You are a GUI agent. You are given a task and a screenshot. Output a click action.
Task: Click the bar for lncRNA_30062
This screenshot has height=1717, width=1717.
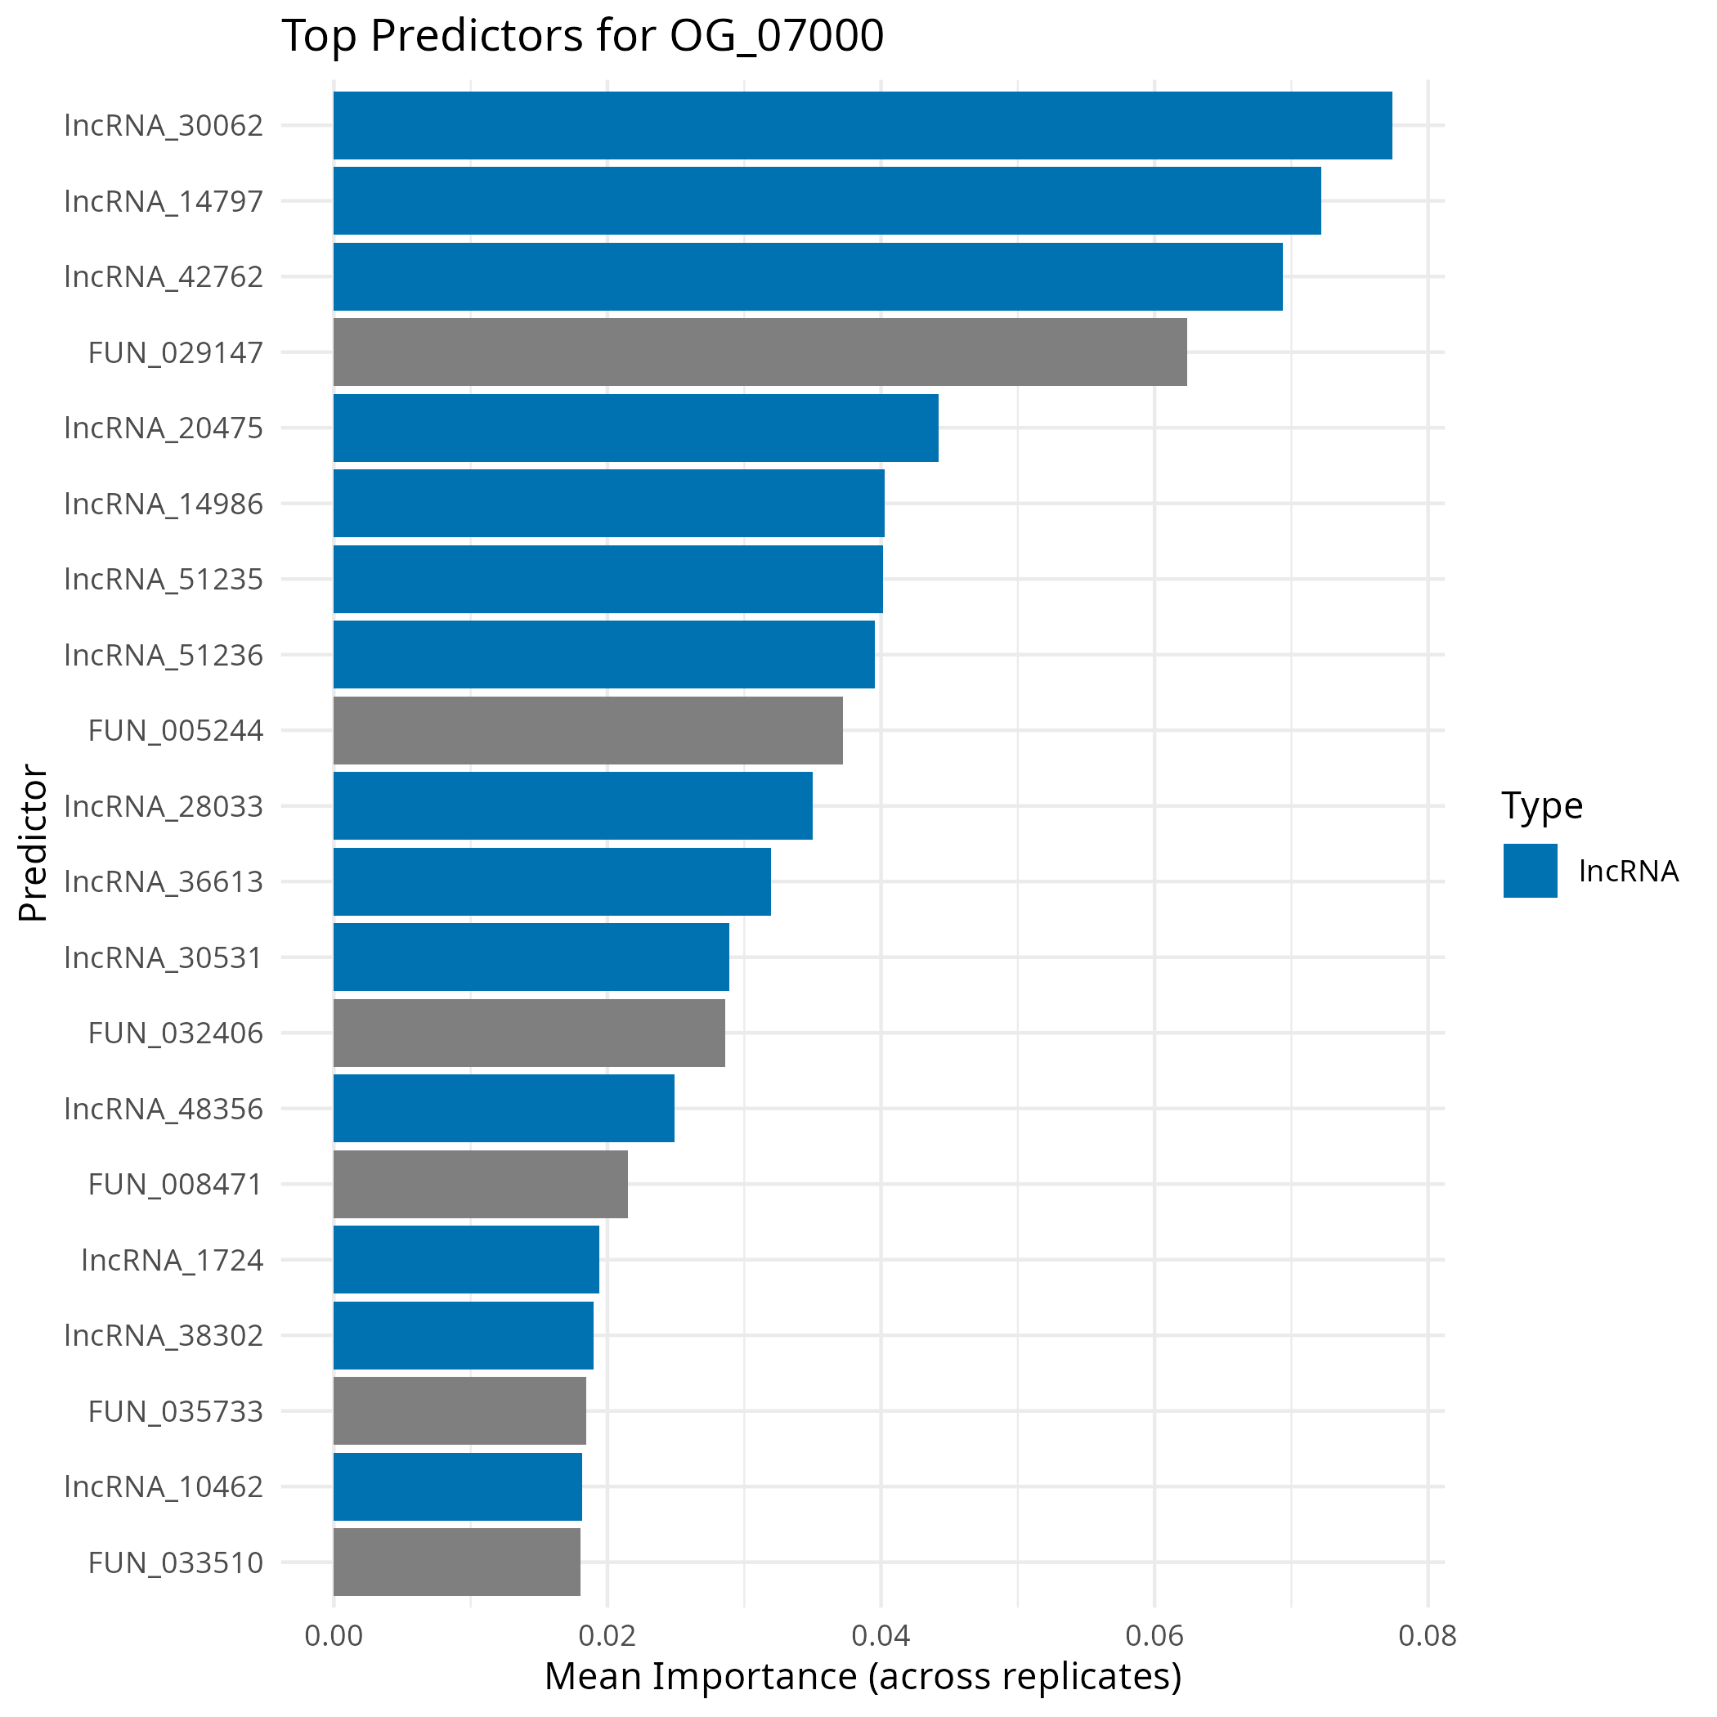tap(862, 125)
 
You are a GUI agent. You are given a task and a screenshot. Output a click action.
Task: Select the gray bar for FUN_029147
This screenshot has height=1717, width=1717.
tap(760, 352)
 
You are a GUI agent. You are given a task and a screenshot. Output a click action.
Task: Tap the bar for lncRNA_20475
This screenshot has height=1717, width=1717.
tap(635, 428)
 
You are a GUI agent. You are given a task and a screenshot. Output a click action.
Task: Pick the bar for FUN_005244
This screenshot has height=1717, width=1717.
tap(587, 730)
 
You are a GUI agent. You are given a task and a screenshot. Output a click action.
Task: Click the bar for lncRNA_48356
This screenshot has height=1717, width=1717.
tap(503, 1108)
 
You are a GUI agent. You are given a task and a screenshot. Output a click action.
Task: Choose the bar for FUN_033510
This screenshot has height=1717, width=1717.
tap(456, 1562)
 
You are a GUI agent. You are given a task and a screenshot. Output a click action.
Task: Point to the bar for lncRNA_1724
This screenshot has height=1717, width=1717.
tap(466, 1259)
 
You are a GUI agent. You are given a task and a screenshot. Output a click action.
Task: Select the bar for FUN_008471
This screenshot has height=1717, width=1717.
tap(480, 1184)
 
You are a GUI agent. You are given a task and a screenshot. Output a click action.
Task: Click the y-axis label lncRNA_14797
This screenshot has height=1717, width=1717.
tap(164, 201)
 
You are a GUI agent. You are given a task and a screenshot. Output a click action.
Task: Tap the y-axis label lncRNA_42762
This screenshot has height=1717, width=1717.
tap(164, 276)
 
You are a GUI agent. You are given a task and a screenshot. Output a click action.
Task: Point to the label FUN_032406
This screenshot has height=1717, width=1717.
tap(175, 1033)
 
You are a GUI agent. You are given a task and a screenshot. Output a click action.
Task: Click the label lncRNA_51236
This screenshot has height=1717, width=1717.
tap(164, 655)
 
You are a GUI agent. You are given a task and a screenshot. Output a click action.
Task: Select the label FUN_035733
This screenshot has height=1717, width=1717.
tap(175, 1411)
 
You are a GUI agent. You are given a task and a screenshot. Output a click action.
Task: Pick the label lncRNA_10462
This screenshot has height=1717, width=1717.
tap(164, 1486)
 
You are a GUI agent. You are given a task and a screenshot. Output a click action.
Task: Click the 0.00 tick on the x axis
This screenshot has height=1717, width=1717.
tap(334, 1635)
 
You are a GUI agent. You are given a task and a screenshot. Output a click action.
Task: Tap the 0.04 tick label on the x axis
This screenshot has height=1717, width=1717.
tap(881, 1635)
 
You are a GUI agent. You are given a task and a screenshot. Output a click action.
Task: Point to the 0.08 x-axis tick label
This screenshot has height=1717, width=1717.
tap(1428, 1635)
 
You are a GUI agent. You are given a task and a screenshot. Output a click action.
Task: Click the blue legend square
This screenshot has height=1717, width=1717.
tap(1531, 870)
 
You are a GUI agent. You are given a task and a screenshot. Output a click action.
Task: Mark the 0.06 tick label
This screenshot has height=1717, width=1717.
tap(1154, 1635)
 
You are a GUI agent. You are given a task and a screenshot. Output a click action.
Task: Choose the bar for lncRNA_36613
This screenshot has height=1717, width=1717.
tap(552, 881)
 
